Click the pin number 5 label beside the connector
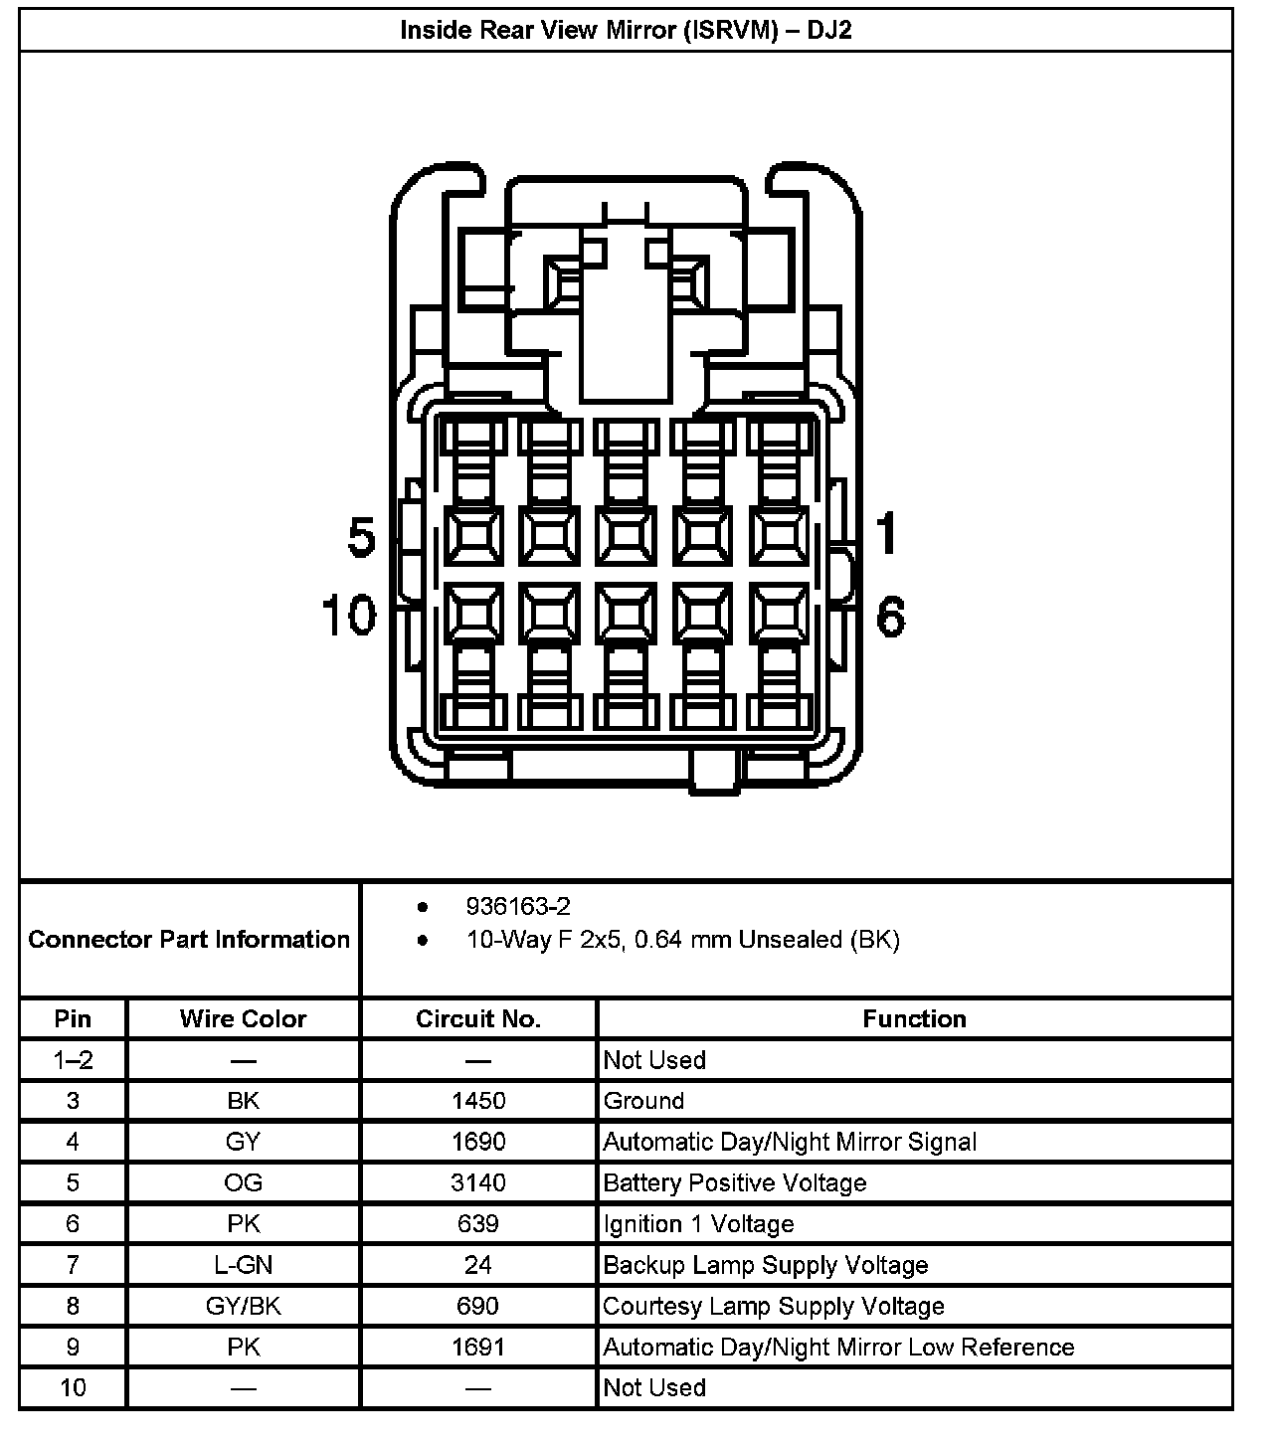point(362,538)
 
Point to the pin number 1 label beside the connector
point(886,532)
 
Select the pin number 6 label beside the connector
point(890,617)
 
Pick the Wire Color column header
point(243,1018)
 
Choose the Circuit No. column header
point(478,1018)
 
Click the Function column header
point(914,1018)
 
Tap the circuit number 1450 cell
point(478,1101)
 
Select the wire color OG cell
point(243,1182)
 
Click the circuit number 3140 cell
point(478,1182)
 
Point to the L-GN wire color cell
point(243,1265)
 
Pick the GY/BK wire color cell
point(243,1306)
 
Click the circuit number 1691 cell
point(478,1347)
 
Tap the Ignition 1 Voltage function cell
point(698,1224)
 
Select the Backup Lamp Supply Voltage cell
point(766,1265)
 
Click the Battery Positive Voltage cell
point(735,1182)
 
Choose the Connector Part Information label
point(189,939)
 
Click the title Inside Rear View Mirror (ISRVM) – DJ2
point(626,30)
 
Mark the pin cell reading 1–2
point(73,1060)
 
